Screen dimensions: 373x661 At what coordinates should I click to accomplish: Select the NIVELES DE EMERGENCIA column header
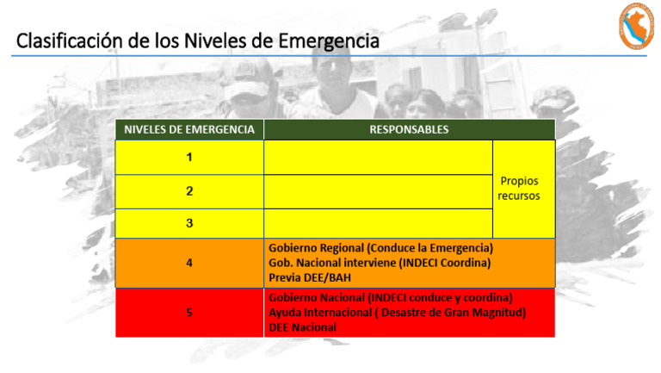click(189, 129)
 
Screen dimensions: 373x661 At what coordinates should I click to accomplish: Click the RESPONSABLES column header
click(409, 129)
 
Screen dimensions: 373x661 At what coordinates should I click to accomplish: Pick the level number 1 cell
click(189, 158)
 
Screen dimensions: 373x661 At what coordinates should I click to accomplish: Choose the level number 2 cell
click(189, 191)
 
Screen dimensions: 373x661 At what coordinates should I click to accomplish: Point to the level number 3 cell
click(189, 223)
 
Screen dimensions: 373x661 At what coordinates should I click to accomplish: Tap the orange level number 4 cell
click(189, 263)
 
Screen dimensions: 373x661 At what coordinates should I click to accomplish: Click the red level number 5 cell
click(189, 313)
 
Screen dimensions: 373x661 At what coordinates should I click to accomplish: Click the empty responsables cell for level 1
click(378, 158)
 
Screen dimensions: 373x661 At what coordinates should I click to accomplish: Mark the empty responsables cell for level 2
click(378, 191)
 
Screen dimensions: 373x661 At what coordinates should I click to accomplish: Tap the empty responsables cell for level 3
click(378, 223)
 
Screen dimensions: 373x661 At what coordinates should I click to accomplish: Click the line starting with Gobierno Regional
click(380, 248)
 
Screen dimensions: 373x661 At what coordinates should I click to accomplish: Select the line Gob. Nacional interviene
click(380, 263)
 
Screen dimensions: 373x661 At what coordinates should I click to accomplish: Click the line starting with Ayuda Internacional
click(397, 313)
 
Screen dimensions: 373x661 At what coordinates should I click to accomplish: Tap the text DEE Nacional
click(302, 327)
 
